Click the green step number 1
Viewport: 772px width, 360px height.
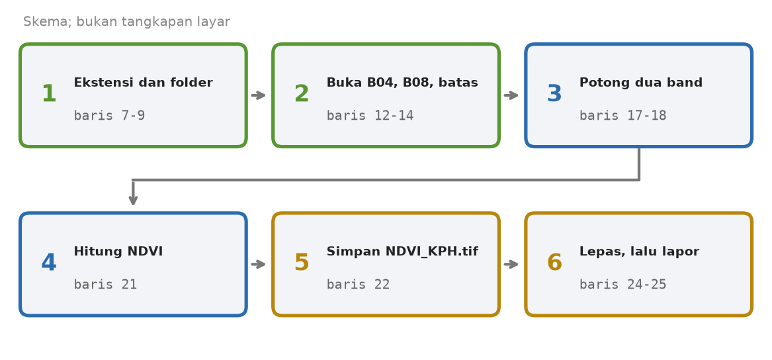49,94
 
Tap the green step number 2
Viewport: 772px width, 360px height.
301,94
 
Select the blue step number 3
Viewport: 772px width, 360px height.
554,94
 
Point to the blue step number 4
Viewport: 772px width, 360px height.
49,263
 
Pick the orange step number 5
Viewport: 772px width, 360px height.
301,263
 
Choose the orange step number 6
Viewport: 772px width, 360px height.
554,263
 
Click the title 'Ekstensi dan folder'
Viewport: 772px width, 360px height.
144,83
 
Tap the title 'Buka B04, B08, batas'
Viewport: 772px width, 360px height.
402,83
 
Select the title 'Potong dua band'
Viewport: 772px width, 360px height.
641,83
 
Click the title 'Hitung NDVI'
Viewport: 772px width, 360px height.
118,251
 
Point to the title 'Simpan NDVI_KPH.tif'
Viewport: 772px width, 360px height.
402,251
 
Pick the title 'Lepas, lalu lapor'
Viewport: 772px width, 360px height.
639,251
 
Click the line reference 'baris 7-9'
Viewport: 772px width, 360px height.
109,116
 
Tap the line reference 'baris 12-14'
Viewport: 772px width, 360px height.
370,116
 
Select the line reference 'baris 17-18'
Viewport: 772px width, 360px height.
622,116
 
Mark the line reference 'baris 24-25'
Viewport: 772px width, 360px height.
622,285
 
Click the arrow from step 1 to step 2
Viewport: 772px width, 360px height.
259,95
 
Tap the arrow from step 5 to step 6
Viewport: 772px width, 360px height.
511,265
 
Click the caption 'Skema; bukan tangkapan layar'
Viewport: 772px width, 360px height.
126,22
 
